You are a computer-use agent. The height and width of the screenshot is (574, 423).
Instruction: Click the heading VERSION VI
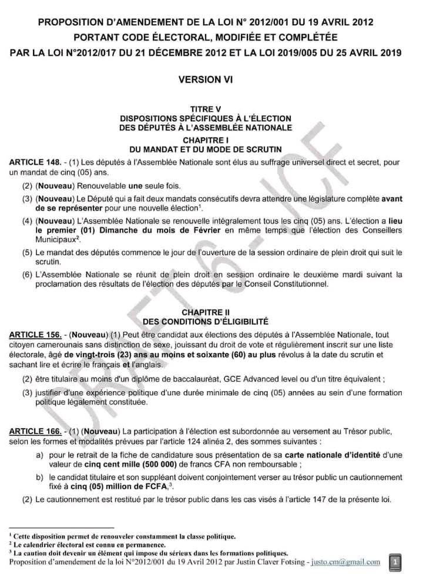tap(211, 79)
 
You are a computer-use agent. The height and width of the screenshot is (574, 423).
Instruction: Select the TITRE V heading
tap(211, 109)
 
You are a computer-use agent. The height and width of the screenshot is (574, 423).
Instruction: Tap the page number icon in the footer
tap(395, 560)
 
